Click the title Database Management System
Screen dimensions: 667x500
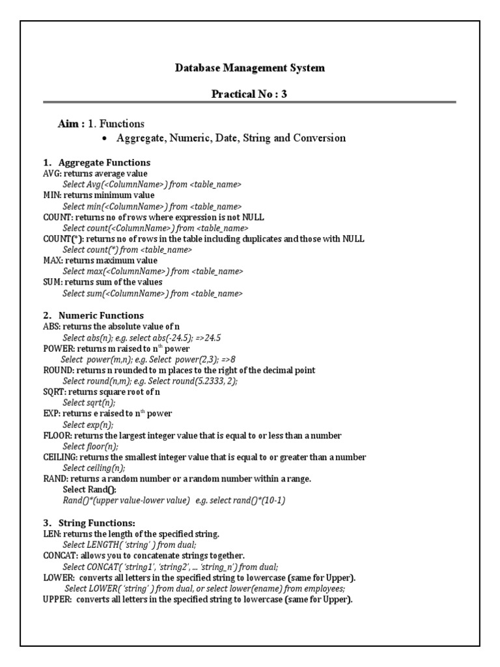pyautogui.click(x=250, y=68)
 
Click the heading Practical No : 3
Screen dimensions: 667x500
pyautogui.click(x=249, y=94)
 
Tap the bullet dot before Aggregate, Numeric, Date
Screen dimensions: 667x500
pyautogui.click(x=105, y=139)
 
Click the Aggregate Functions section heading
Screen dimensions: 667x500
pyautogui.click(x=104, y=162)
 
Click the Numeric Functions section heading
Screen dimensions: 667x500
pyautogui.click(x=101, y=315)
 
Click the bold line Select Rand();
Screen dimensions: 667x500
pyautogui.click(x=90, y=489)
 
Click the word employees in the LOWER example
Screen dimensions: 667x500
pyautogui.click(x=324, y=588)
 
